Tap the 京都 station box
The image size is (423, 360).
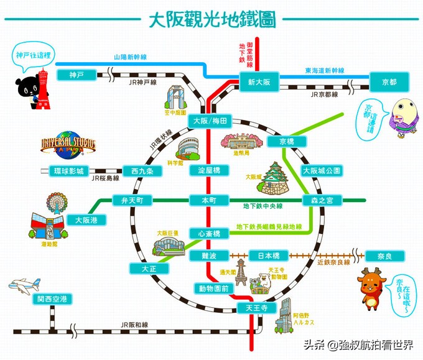pos(389,81)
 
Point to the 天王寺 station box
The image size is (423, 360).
pos(256,308)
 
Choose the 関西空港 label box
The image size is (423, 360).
pos(53,299)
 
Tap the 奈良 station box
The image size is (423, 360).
pos(386,256)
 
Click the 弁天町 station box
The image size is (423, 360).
pos(132,200)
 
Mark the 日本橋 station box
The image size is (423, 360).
pos(269,256)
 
